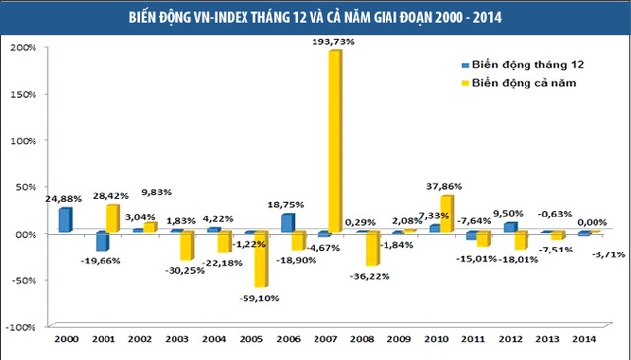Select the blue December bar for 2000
[x=65, y=220]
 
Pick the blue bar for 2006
[x=286, y=224]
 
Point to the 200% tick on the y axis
[x=24, y=47]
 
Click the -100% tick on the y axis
[x=22, y=326]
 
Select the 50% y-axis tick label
[x=27, y=186]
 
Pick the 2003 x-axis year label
[x=176, y=340]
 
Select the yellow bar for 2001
[x=112, y=218]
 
